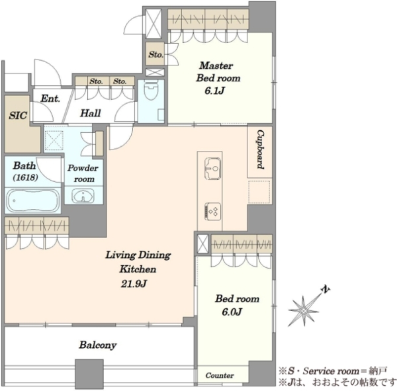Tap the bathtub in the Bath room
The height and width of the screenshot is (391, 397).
pyautogui.click(x=33, y=200)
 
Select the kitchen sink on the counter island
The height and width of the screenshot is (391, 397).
pyautogui.click(x=212, y=169)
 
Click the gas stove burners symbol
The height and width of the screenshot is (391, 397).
pyautogui.click(x=212, y=212)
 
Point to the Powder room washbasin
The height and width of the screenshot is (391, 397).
pyautogui.click(x=83, y=196)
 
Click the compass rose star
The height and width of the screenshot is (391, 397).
pyautogui.click(x=304, y=310)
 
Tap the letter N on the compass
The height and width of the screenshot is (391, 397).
pyautogui.click(x=326, y=289)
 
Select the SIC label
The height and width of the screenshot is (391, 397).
pyautogui.click(x=18, y=116)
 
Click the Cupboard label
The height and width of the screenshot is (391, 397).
pyautogui.click(x=260, y=150)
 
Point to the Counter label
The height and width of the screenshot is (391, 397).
pyautogui.click(x=220, y=375)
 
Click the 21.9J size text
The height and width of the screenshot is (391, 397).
pyautogui.click(x=134, y=284)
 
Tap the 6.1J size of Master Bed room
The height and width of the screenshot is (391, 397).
pyautogui.click(x=214, y=91)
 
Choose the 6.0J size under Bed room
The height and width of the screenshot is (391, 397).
pyautogui.click(x=232, y=312)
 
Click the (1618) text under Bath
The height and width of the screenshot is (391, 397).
pyautogui.click(x=26, y=177)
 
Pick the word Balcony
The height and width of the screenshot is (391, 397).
pyautogui.click(x=98, y=345)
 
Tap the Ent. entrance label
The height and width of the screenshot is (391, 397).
pyautogui.click(x=50, y=99)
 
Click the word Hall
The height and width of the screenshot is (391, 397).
pyautogui.click(x=91, y=113)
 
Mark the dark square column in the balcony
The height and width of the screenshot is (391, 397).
pyautogui.click(x=89, y=374)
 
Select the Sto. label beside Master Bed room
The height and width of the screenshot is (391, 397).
pyautogui.click(x=155, y=54)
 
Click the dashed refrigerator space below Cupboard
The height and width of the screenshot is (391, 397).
pyautogui.click(x=259, y=192)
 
